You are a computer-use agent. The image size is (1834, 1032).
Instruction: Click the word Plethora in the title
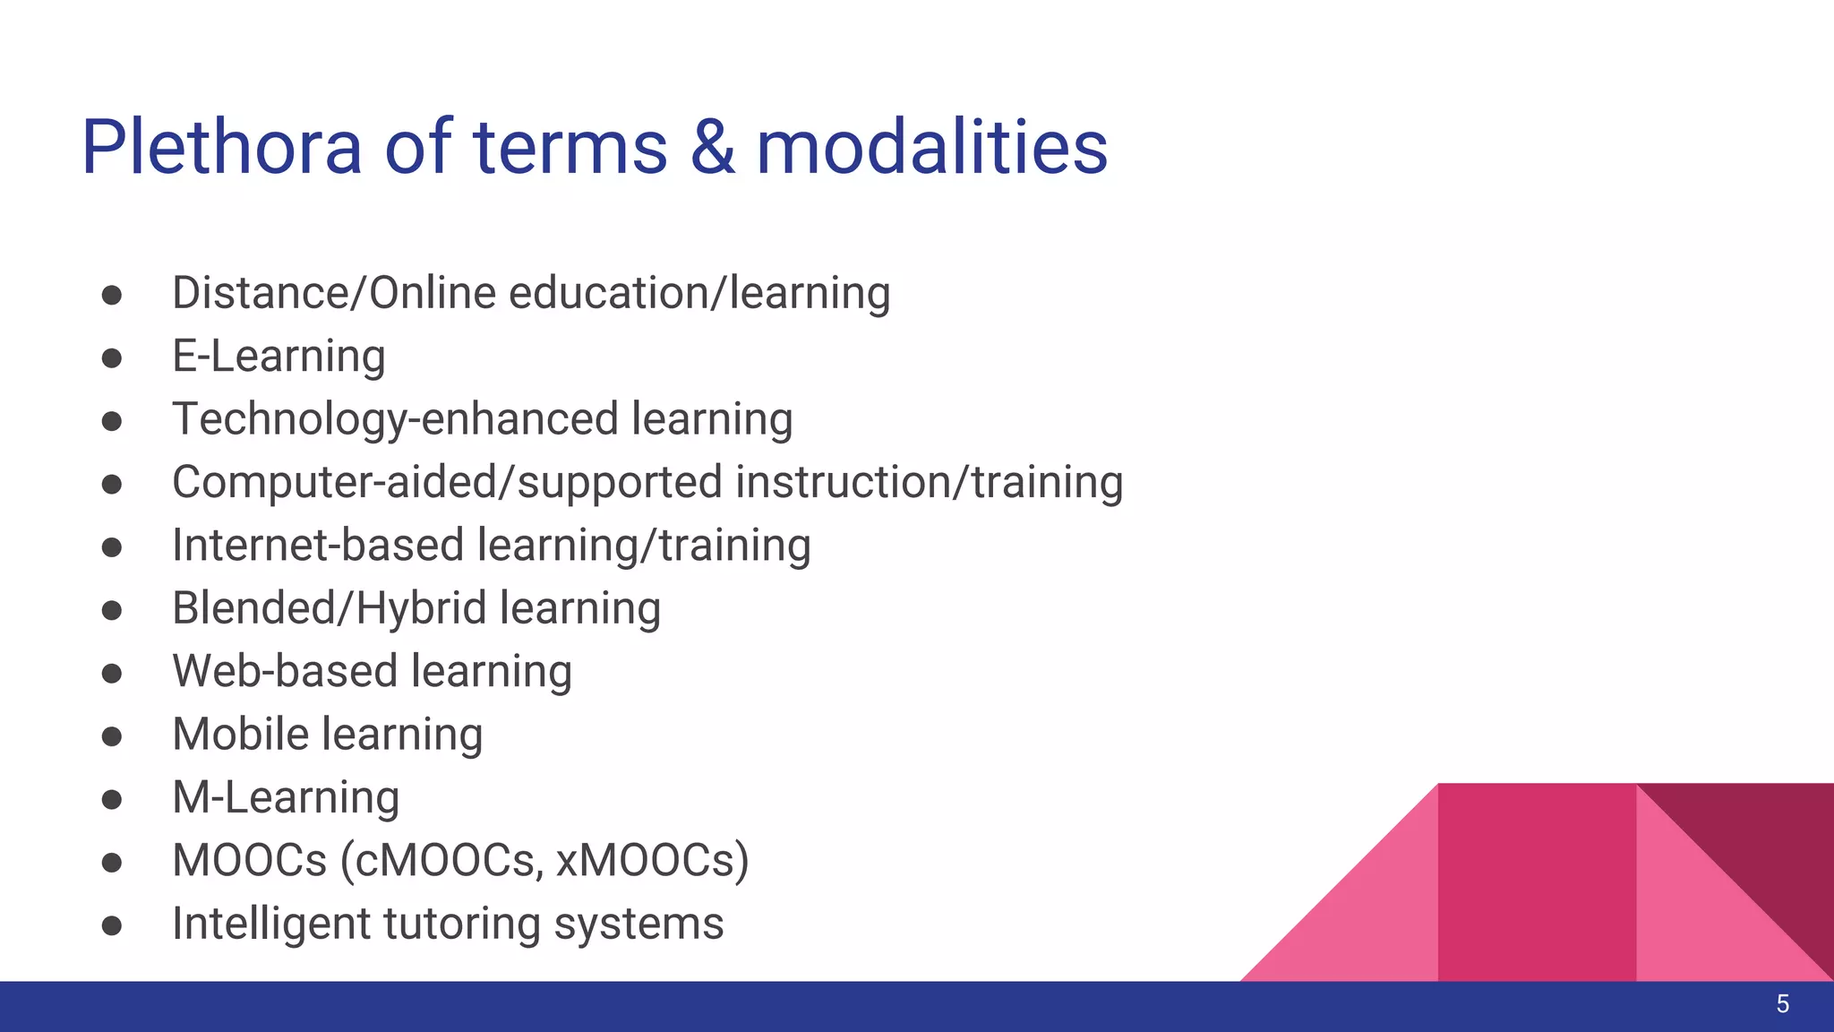coord(221,147)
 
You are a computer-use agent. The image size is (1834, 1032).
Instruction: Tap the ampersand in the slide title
coord(713,147)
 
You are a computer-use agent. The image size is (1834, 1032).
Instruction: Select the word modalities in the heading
coord(931,147)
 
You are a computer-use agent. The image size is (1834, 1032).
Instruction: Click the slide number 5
coord(1782,1004)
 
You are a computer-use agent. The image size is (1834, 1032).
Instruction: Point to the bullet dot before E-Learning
coord(112,358)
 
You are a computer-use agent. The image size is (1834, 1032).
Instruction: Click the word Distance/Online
coord(333,294)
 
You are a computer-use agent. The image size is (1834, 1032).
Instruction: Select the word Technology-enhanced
coord(395,420)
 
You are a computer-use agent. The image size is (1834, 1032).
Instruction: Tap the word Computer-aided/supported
coord(447,483)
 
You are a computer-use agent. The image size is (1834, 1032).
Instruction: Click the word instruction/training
coord(929,483)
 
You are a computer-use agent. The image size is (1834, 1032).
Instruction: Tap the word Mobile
coord(241,735)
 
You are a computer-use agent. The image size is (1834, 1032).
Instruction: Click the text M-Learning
coord(286,797)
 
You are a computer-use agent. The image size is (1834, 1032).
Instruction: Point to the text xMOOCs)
coord(652,861)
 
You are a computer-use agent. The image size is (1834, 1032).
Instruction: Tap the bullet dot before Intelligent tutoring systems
coord(112,925)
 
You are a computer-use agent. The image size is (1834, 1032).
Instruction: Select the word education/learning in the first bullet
coord(699,294)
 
